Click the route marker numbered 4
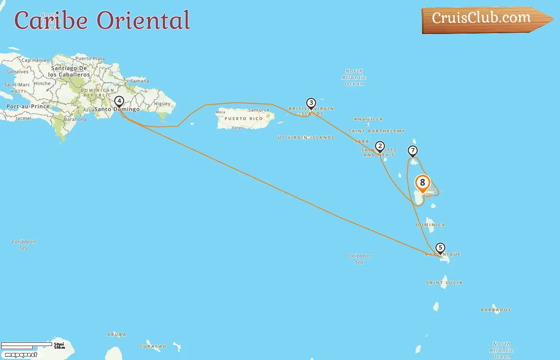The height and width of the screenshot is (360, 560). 119,101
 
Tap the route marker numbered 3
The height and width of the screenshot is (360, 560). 311,103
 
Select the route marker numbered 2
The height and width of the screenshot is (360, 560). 380,146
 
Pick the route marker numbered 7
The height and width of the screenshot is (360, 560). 413,151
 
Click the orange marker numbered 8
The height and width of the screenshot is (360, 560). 422,183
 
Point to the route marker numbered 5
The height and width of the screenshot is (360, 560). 440,248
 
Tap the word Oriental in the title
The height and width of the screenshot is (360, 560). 144,20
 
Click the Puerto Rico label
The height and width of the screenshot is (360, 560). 244,119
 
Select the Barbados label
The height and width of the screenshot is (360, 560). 496,310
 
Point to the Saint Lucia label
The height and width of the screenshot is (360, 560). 444,283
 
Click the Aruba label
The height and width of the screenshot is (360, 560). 116,335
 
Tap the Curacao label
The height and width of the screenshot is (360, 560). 153,346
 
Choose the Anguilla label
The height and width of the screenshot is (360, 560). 368,119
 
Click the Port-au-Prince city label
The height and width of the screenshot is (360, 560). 28,106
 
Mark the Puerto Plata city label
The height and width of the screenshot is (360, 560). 90,58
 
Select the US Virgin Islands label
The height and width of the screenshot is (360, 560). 306,138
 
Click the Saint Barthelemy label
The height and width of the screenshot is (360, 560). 376,131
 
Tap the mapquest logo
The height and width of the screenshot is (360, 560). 21,355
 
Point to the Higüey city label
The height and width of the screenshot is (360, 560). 162,104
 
